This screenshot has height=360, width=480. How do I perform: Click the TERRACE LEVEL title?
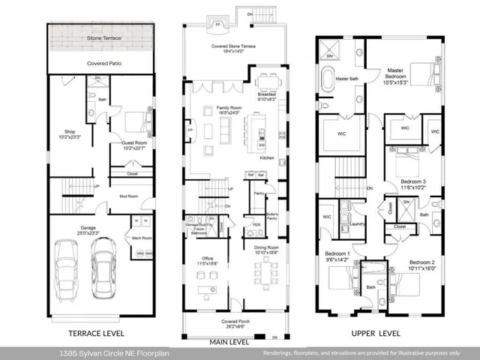[97, 333]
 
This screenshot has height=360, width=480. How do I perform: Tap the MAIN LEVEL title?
[229, 342]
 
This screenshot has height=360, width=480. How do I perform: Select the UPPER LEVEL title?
[373, 333]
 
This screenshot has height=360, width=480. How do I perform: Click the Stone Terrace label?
[103, 37]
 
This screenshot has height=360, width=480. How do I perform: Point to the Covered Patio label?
[104, 64]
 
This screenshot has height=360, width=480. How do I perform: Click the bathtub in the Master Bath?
[329, 78]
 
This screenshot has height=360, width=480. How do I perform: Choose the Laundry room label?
[357, 223]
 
